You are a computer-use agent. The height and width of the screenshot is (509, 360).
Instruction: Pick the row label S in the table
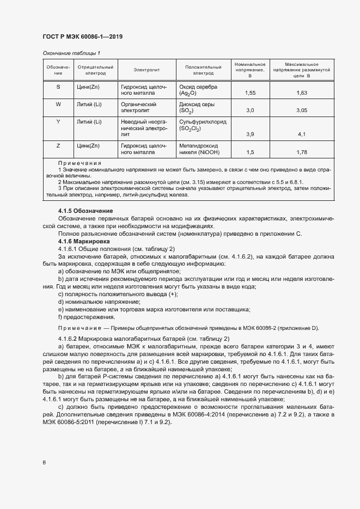[58, 87]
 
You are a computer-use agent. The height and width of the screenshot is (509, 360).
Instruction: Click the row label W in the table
[58, 104]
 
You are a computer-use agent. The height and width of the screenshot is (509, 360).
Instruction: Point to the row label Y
[58, 121]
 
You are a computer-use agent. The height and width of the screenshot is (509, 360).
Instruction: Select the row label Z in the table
[58, 145]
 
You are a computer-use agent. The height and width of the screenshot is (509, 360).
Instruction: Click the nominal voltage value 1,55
[251, 93]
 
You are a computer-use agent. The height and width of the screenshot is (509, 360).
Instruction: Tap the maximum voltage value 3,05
[302, 111]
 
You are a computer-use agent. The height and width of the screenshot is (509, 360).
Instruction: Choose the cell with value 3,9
[251, 134]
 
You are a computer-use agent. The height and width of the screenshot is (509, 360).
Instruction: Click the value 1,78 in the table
[302, 152]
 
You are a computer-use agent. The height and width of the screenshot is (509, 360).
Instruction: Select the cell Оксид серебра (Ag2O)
[198, 90]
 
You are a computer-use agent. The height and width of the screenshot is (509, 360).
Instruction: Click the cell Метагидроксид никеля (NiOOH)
[198, 149]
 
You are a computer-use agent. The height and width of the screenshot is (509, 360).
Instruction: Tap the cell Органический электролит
[139, 107]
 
